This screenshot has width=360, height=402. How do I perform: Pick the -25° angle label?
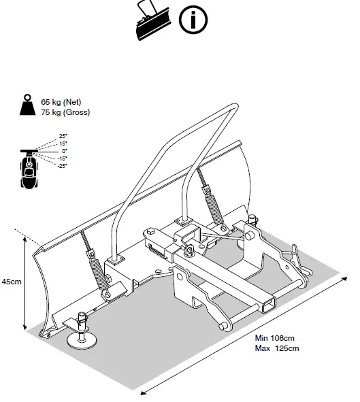click(61, 165)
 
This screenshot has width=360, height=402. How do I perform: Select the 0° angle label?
click(64, 151)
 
